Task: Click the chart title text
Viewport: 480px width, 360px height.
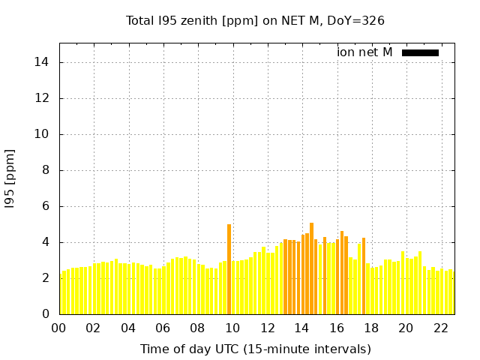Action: [255, 20]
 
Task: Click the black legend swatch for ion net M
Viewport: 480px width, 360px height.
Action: [420, 52]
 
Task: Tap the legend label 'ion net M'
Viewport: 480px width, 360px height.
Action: [364, 52]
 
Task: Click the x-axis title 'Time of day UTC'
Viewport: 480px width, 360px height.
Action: [256, 349]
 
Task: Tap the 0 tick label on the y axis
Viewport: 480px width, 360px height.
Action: [46, 314]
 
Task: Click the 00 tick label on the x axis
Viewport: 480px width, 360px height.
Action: [58, 328]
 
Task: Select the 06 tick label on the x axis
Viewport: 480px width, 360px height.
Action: [163, 328]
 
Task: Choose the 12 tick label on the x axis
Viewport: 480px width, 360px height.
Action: [267, 328]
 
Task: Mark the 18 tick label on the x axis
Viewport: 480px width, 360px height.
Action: [371, 328]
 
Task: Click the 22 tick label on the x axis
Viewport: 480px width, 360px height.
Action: [440, 328]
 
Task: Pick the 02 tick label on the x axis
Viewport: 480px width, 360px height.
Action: [93, 328]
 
